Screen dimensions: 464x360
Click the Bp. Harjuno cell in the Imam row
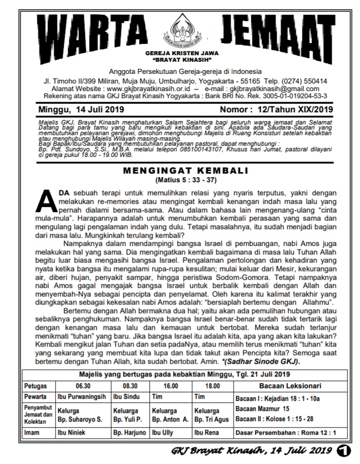tap(129, 433)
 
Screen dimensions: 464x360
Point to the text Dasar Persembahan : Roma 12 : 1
tap(286, 433)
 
